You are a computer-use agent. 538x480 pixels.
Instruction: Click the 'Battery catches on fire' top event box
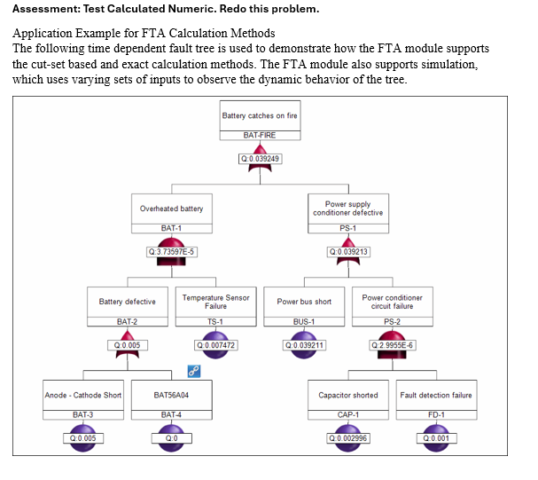click(260, 115)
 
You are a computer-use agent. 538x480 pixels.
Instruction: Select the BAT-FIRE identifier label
click(260, 135)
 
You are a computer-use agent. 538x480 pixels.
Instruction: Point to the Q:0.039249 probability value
click(260, 158)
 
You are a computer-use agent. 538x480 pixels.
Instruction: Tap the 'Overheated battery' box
click(171, 209)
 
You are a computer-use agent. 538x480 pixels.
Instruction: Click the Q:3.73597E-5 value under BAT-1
click(172, 251)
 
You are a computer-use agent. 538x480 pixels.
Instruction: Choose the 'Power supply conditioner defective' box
click(347, 209)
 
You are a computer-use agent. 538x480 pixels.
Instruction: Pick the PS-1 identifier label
click(347, 228)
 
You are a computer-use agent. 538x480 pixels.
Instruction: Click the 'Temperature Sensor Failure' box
click(215, 302)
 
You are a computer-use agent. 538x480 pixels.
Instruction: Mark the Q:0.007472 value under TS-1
click(215, 344)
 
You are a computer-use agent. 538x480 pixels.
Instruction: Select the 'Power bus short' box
click(304, 302)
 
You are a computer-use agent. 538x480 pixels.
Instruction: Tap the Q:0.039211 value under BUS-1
click(304, 344)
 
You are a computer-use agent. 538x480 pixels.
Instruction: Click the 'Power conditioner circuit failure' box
click(392, 302)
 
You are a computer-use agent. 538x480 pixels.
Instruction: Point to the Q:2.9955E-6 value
click(392, 344)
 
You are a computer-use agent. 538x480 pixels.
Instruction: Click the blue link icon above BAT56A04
click(193, 370)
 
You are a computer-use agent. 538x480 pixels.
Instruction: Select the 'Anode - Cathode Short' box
click(83, 395)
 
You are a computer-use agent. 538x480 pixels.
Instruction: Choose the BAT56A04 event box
click(171, 395)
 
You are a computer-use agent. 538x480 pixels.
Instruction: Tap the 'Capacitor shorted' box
click(347, 395)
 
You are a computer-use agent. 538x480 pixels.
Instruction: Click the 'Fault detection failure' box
click(436, 395)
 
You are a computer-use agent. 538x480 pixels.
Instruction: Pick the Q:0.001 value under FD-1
click(436, 437)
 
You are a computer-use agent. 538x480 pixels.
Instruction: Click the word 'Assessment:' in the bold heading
click(46, 9)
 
